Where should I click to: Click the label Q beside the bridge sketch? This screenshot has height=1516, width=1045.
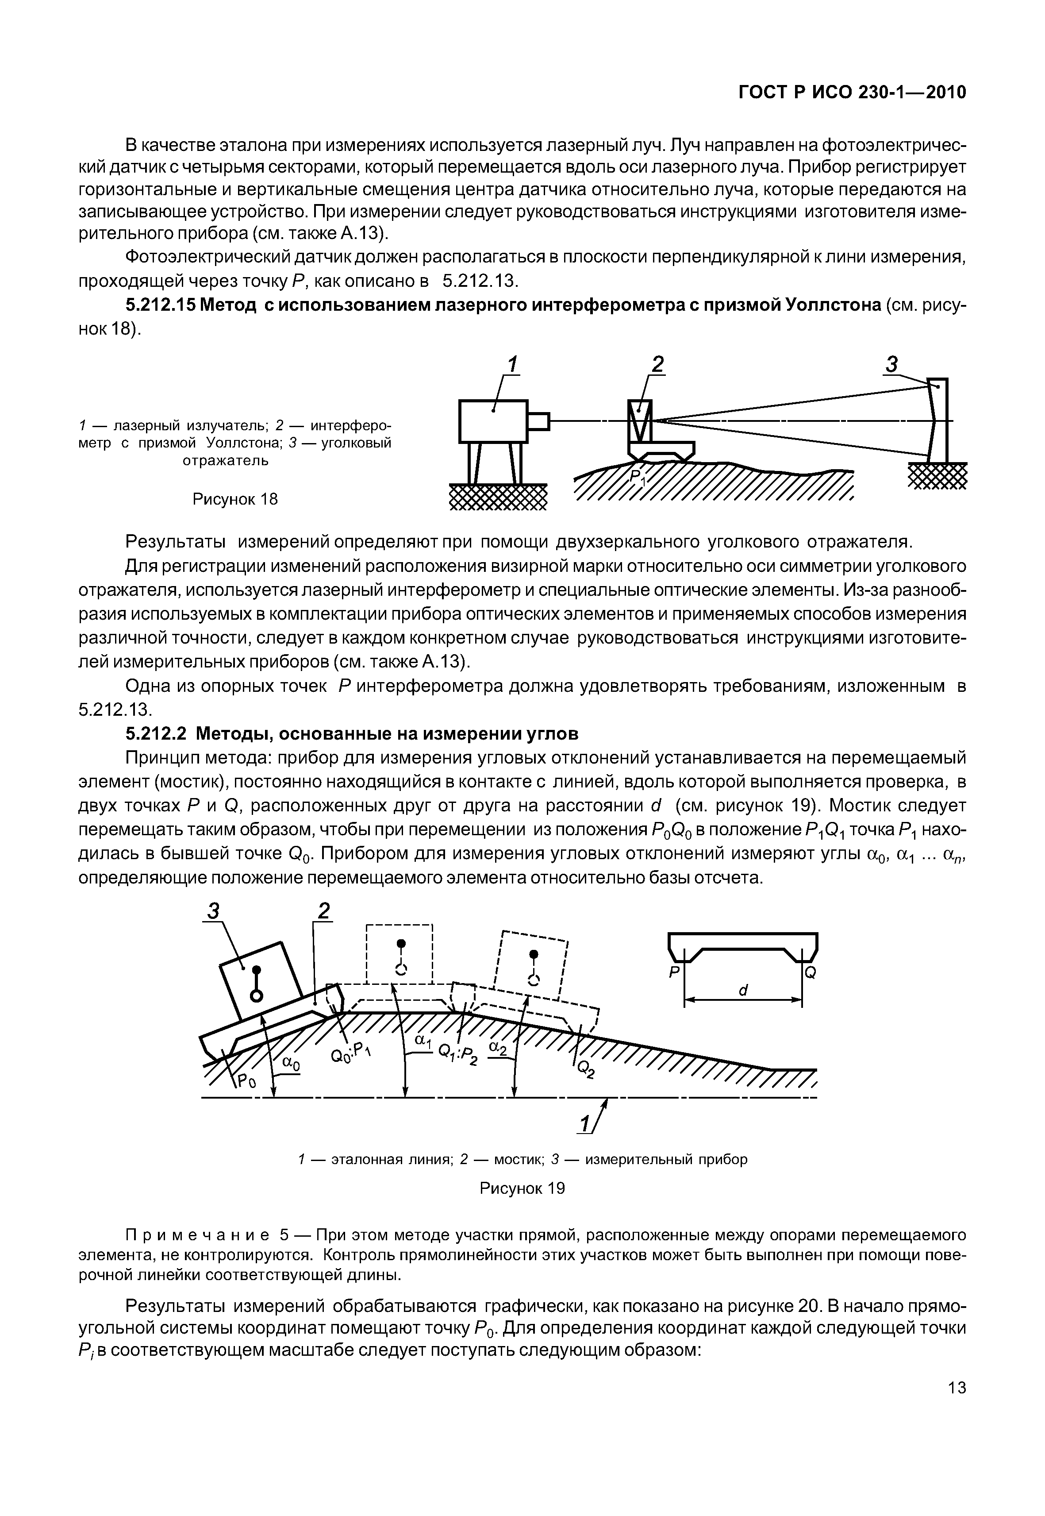pos(811,973)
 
